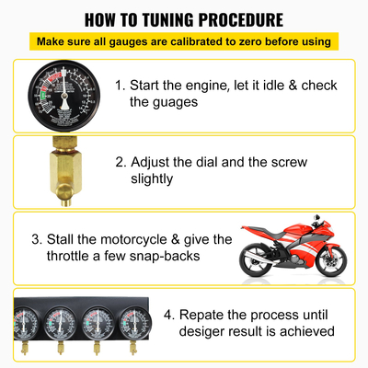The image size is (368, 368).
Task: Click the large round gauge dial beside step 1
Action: [62, 95]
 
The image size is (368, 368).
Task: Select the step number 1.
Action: [120, 86]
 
